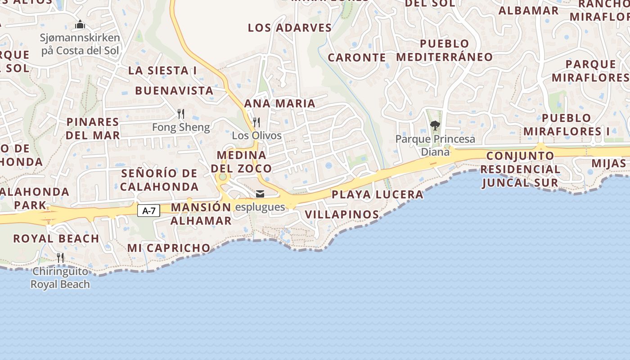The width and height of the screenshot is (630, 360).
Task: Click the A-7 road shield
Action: pyautogui.click(x=148, y=210)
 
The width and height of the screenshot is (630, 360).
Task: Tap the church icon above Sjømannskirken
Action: pyautogui.click(x=80, y=24)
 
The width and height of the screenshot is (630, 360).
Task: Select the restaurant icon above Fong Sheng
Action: pyautogui.click(x=181, y=113)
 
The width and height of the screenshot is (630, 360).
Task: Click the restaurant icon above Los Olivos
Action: pyautogui.click(x=256, y=122)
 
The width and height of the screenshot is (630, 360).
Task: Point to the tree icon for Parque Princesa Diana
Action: pyautogui.click(x=435, y=126)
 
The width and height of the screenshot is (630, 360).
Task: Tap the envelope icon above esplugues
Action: pyautogui.click(x=260, y=194)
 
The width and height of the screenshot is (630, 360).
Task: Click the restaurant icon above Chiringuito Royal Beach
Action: pyautogui.click(x=60, y=258)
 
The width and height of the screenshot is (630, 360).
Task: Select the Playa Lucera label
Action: pyautogui.click(x=378, y=194)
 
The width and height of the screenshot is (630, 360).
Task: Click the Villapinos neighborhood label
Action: pyautogui.click(x=342, y=214)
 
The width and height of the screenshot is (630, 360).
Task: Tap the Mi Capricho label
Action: pyautogui.click(x=169, y=247)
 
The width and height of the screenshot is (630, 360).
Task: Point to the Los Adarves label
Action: pyautogui.click(x=290, y=27)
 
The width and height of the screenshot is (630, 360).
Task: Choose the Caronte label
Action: pyautogui.click(x=357, y=58)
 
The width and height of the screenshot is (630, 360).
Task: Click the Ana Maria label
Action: pyautogui.click(x=279, y=103)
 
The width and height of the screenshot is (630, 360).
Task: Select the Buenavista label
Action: pyautogui.click(x=174, y=90)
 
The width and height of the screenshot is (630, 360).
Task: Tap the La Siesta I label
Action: pyautogui.click(x=162, y=70)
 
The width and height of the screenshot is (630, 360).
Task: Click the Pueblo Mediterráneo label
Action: pyautogui.click(x=445, y=50)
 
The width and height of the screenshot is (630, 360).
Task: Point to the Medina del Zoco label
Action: pyautogui.click(x=241, y=162)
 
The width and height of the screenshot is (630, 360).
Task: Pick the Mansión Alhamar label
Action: pyautogui.click(x=201, y=214)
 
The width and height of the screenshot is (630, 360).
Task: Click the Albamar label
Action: pyautogui.click(x=528, y=10)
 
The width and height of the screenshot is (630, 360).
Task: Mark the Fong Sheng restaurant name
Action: pyautogui.click(x=181, y=127)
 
